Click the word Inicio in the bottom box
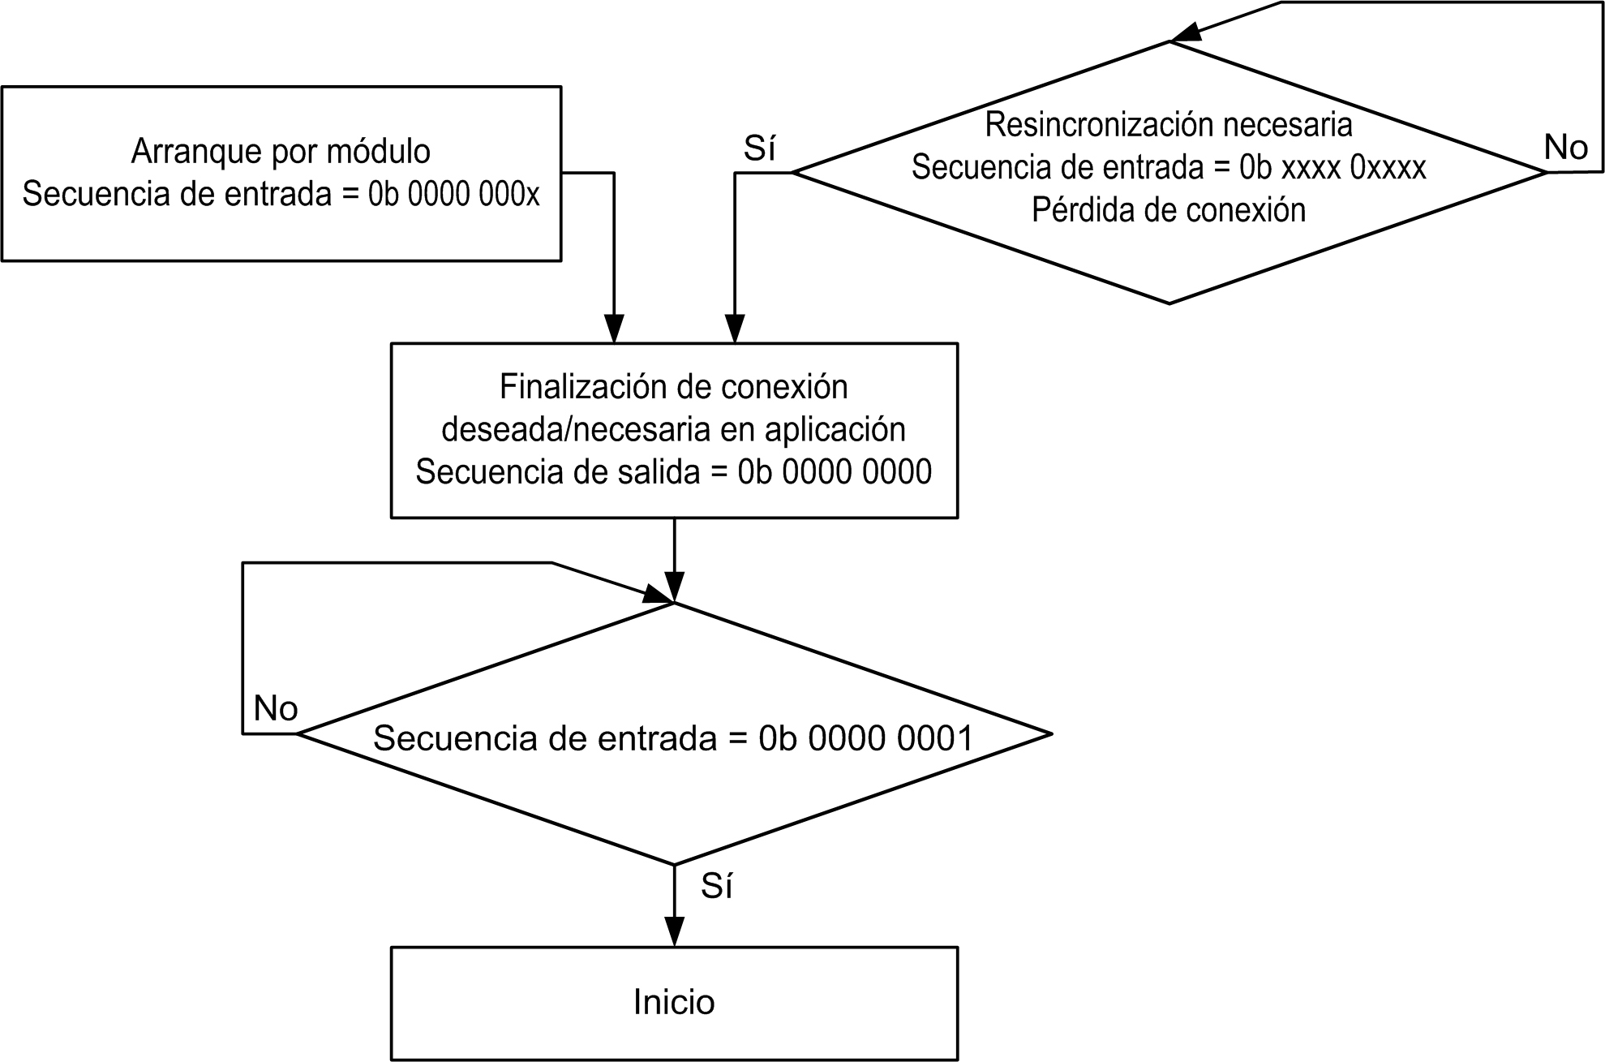pos(673,1003)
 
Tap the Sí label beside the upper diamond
pos(759,149)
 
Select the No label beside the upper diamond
pos(1565,148)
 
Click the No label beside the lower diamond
pos(276,709)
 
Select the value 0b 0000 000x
pos(454,195)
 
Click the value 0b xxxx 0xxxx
pos(1332,168)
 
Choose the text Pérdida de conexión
pos(1169,211)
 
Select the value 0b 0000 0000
pos(835,472)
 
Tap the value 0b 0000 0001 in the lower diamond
pos(866,738)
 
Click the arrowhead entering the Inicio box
pos(674,931)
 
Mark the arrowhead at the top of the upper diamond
pos(1186,32)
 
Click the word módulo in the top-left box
pos(378,152)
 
